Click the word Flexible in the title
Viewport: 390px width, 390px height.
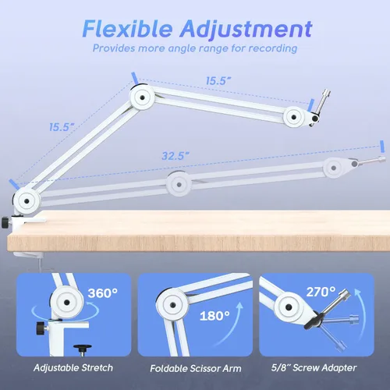click(x=127, y=29)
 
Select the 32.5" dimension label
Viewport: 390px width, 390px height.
click(x=175, y=156)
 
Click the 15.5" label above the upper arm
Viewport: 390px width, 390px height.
click(x=218, y=81)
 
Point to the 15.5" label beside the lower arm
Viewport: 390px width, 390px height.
click(x=62, y=127)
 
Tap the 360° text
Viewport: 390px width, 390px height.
click(x=103, y=293)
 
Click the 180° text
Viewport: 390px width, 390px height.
click(x=214, y=316)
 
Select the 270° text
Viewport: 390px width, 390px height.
click(x=321, y=292)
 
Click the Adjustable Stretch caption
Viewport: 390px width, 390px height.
click(x=73, y=367)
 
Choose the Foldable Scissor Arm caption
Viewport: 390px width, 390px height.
click(x=196, y=368)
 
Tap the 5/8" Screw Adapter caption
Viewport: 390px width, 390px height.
click(x=314, y=367)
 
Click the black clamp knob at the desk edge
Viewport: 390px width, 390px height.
click(x=5, y=222)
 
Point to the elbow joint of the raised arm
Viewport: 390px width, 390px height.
click(x=142, y=97)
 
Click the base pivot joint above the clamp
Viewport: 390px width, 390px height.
click(x=27, y=201)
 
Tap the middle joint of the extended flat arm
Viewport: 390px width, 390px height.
click(x=179, y=184)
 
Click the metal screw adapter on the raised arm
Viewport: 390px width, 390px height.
click(x=322, y=102)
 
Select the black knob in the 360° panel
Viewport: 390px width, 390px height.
click(x=41, y=328)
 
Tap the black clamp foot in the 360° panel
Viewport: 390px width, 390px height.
click(x=83, y=349)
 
